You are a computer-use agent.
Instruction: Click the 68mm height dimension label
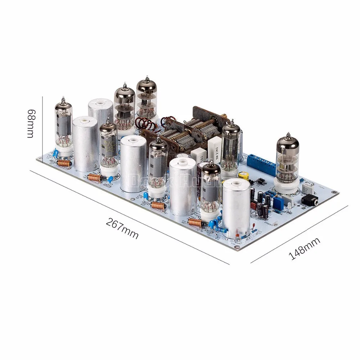(x=32, y=122)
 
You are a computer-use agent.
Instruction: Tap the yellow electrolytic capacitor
(x=246, y=175)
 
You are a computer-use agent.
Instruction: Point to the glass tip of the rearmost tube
(x=148, y=78)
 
